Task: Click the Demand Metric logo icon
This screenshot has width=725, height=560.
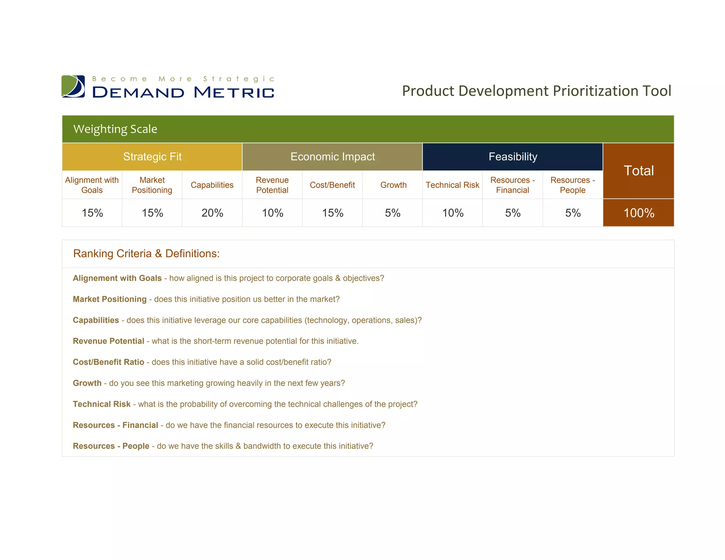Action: pyautogui.click(x=73, y=86)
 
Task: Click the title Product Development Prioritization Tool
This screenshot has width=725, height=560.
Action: pyautogui.click(x=536, y=91)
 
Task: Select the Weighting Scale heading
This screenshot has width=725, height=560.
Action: pyautogui.click(x=115, y=129)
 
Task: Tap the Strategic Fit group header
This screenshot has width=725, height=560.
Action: pyautogui.click(x=152, y=157)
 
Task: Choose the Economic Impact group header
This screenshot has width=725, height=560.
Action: pyautogui.click(x=332, y=157)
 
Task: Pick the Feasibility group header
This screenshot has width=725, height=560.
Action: pyautogui.click(x=513, y=157)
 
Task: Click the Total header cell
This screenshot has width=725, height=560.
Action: pyautogui.click(x=638, y=171)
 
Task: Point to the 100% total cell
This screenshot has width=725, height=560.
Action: pyautogui.click(x=638, y=213)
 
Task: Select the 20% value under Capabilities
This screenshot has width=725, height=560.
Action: pyautogui.click(x=212, y=213)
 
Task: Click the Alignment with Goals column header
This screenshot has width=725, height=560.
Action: pyautogui.click(x=92, y=185)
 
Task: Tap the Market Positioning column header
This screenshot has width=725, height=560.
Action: pyautogui.click(x=152, y=185)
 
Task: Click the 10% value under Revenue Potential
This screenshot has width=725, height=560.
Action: pyautogui.click(x=272, y=213)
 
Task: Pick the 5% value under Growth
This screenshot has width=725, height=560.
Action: pyautogui.click(x=393, y=213)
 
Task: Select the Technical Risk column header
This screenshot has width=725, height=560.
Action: pyautogui.click(x=452, y=185)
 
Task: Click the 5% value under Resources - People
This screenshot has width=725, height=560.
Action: pyautogui.click(x=572, y=213)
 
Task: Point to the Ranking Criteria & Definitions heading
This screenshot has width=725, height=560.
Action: pyautogui.click(x=146, y=253)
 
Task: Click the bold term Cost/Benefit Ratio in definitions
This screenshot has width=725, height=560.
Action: pyautogui.click(x=108, y=362)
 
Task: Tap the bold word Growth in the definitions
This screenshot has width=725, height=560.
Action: pyautogui.click(x=87, y=383)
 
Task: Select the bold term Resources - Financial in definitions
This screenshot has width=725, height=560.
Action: pyautogui.click(x=115, y=425)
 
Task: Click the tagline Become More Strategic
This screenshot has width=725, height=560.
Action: pyautogui.click(x=183, y=79)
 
